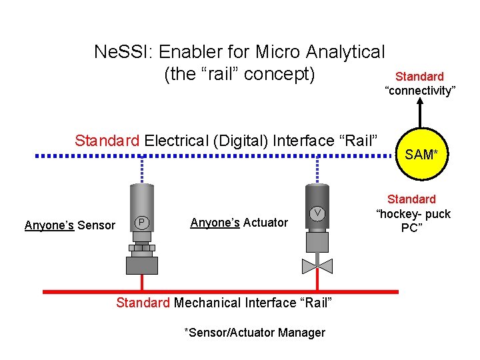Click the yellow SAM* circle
pyautogui.click(x=420, y=155)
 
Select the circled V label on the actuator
pyautogui.click(x=319, y=213)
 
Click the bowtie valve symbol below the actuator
pyautogui.click(x=317, y=266)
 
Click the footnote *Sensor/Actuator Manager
pyautogui.click(x=255, y=333)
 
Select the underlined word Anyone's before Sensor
pyautogui.click(x=49, y=225)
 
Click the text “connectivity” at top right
pyautogui.click(x=420, y=91)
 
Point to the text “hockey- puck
pyautogui.click(x=413, y=214)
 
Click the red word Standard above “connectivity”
pyautogui.click(x=420, y=77)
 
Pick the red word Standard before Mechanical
pyautogui.click(x=143, y=303)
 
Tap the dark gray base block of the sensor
pyautogui.click(x=142, y=265)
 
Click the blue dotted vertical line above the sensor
pyautogui.click(x=143, y=171)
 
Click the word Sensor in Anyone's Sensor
pyautogui.click(x=96, y=225)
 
